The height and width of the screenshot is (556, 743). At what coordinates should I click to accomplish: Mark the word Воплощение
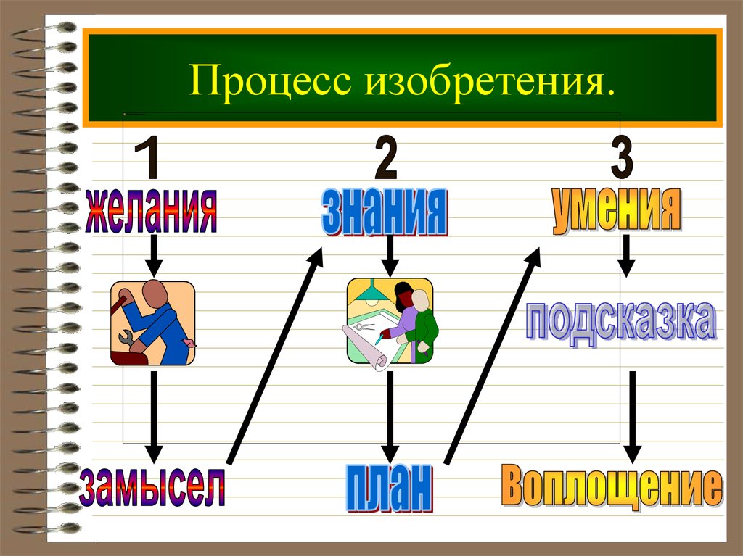coord(611,487)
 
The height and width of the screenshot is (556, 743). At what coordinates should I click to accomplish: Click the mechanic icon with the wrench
coord(152,323)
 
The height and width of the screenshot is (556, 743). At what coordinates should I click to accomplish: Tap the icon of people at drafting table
coord(390,320)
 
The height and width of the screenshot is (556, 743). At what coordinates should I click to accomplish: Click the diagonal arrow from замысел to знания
coord(274,355)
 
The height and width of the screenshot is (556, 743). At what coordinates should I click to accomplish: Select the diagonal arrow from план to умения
coord(493,355)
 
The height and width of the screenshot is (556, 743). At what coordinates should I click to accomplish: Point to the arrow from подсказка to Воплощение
coord(633,416)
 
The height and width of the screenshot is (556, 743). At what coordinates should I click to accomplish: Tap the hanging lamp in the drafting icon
coord(374,295)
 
